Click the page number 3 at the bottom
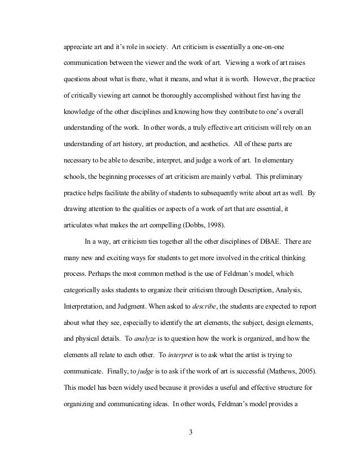coord(191,433)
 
